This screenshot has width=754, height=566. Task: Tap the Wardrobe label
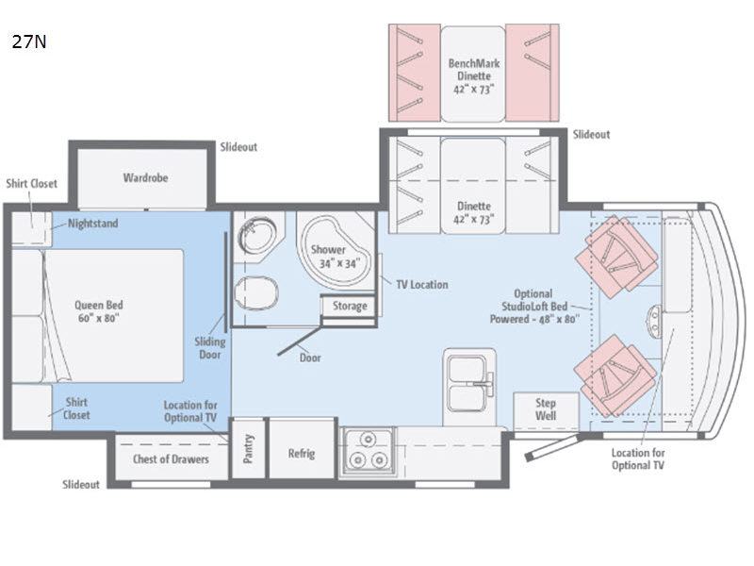pos(145,177)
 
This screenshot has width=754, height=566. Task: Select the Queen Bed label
pos(99,311)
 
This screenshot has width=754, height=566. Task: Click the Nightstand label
pos(92,225)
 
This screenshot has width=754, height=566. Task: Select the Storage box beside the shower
pos(350,307)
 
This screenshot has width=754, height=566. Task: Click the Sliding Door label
pos(208,347)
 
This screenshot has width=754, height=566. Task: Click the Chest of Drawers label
pos(171,459)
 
